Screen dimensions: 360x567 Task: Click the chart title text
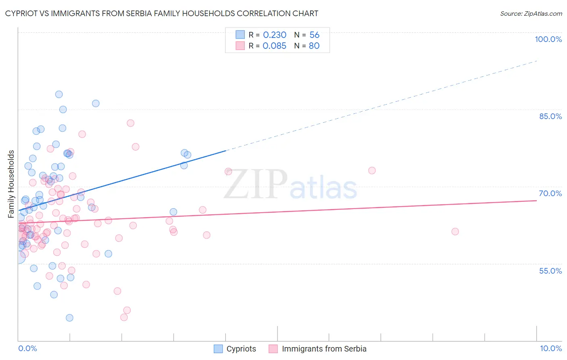pyautogui.click(x=162, y=13)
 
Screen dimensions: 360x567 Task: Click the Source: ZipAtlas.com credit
pyautogui.click(x=531, y=14)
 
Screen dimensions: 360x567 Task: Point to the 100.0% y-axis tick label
pyautogui.click(x=548, y=39)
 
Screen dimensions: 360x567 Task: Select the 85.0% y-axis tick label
pyautogui.click(x=550, y=116)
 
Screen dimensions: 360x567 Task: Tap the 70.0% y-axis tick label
pyautogui.click(x=550, y=193)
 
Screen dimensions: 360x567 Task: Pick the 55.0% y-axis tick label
pyautogui.click(x=550, y=271)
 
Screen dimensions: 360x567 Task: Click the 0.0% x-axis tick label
pyautogui.click(x=27, y=348)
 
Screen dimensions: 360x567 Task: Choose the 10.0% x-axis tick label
pyautogui.click(x=551, y=348)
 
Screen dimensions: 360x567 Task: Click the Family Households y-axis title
pyautogui.click(x=11, y=184)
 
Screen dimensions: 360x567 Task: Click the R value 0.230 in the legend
pyautogui.click(x=275, y=35)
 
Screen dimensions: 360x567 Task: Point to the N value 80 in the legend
pyautogui.click(x=314, y=46)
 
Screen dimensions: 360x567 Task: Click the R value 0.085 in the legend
pyautogui.click(x=275, y=46)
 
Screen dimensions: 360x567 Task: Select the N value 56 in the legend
pyautogui.click(x=314, y=35)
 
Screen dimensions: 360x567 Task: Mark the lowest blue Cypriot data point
pyautogui.click(x=69, y=318)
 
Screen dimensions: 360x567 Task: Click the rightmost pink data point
pyautogui.click(x=455, y=232)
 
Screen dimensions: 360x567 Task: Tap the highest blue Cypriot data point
pyautogui.click(x=59, y=94)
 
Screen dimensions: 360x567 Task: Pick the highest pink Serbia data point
pyautogui.click(x=130, y=123)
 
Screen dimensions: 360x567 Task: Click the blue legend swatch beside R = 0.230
pyautogui.click(x=240, y=35)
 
